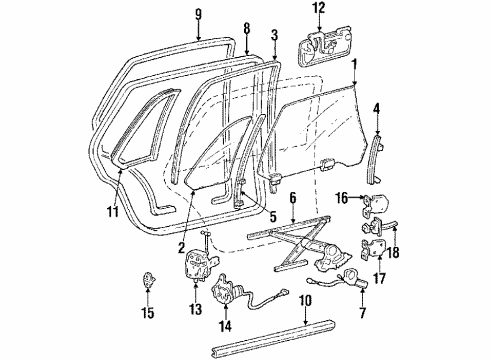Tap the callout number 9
(198, 14)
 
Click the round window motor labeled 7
(351, 281)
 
